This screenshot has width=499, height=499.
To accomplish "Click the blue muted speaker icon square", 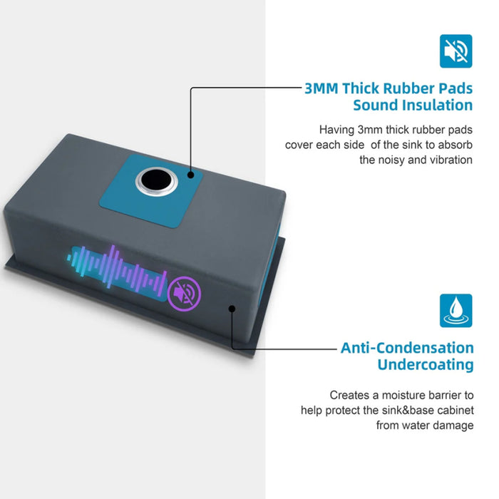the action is (x=456, y=51).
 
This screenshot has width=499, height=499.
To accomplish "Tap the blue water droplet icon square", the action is (x=456, y=311).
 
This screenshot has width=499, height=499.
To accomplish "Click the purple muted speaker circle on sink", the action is (x=184, y=294).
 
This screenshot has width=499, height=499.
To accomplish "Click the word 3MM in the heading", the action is (x=321, y=88).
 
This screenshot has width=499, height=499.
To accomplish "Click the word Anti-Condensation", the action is (x=407, y=348).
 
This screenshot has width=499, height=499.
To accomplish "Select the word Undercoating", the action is (x=426, y=365).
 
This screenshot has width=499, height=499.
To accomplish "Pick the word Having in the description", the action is (x=336, y=130).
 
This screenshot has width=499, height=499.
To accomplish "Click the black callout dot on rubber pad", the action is (x=191, y=175).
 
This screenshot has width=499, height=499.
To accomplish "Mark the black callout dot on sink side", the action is (x=232, y=309).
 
